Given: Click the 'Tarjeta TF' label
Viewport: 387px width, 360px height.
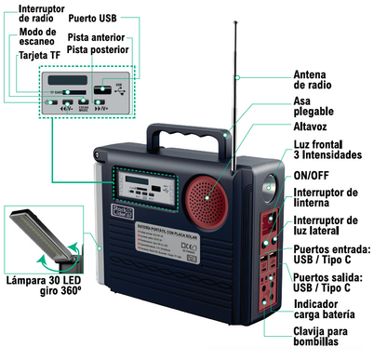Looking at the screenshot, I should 33,56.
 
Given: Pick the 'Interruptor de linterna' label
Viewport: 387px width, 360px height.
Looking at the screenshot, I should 325,197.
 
